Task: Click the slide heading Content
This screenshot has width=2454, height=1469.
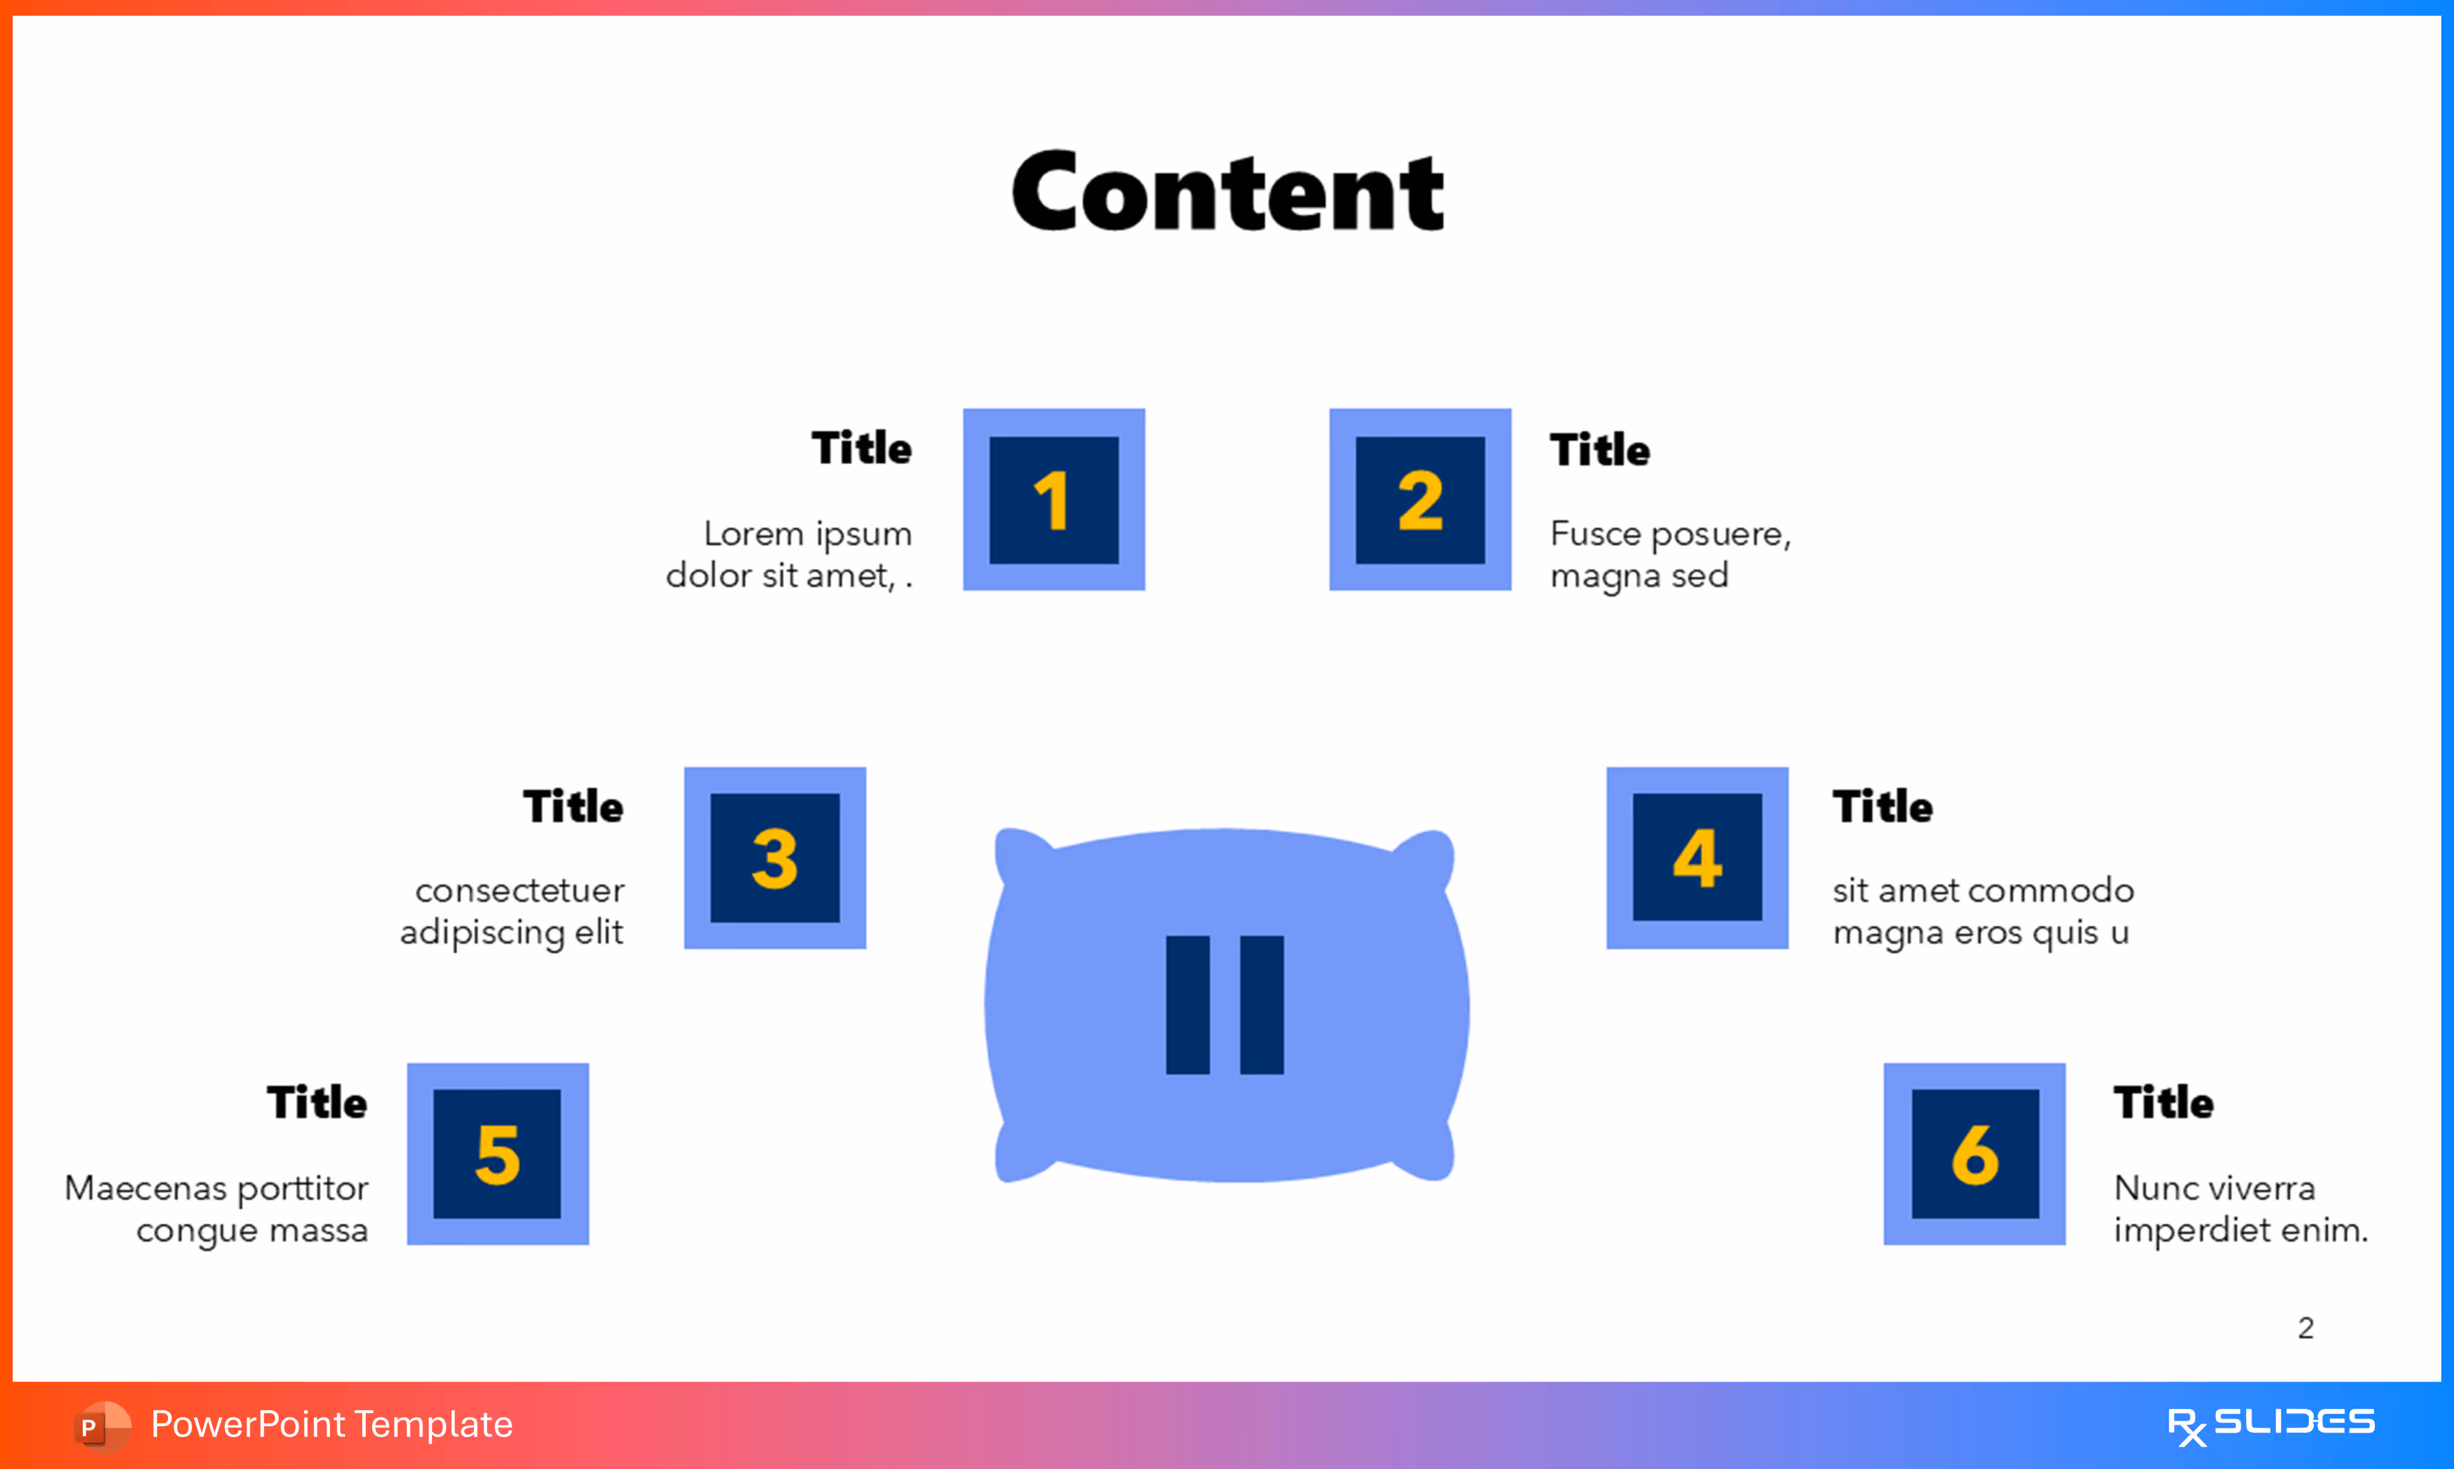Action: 1227,192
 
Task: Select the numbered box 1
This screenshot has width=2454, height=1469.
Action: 1054,500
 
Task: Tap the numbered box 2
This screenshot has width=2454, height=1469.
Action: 1420,500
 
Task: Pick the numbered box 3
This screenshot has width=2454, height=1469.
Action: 775,857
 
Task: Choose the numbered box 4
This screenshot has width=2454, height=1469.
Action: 1697,857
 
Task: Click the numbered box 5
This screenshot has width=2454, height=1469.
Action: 497,1153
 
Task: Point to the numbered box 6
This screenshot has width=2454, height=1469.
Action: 1974,1153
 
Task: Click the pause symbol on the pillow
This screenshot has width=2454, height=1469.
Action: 1225,1005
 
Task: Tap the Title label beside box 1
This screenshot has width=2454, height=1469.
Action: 861,449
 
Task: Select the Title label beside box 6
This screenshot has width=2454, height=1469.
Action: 2163,1103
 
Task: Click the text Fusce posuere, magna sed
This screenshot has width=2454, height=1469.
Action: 1669,554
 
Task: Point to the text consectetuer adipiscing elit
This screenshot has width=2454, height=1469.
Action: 513,910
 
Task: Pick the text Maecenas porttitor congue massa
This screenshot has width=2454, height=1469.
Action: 218,1208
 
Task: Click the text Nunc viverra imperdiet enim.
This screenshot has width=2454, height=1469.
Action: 2240,1208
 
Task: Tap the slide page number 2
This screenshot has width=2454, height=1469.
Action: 2305,1328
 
